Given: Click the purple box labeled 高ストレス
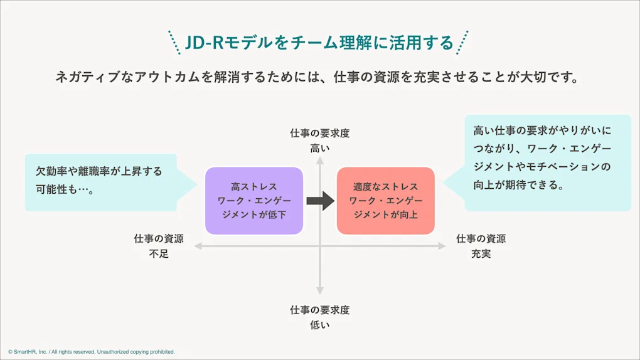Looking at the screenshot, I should tap(254, 201).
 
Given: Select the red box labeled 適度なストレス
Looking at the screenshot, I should tap(385, 201).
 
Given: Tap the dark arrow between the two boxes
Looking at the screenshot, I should tap(320, 201).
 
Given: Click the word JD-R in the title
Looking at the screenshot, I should tap(204, 43).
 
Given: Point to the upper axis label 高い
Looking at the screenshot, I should tap(319, 148).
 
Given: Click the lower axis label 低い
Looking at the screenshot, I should tap(319, 325).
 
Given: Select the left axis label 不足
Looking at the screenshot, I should tap(159, 254).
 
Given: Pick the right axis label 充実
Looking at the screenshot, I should tap(481, 254).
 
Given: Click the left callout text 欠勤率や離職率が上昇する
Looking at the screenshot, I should tap(99, 171).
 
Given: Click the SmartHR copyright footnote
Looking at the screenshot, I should tap(92, 352).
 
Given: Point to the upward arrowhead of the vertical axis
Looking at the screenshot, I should tap(319, 161).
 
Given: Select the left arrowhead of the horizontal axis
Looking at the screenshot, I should tap(198, 246).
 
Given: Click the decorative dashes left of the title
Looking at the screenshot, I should tap(174, 43).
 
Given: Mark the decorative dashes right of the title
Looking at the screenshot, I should tap(462, 43).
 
